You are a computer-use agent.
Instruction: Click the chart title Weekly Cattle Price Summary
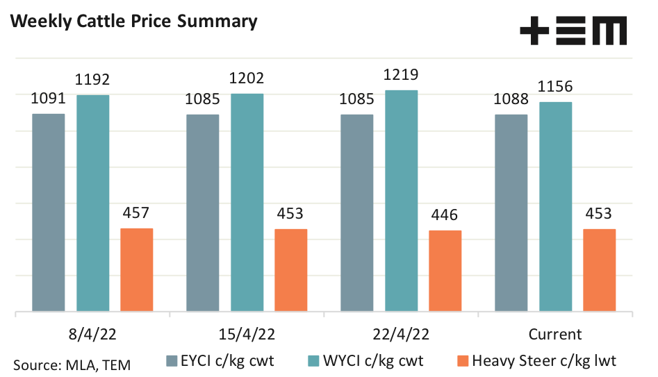pos(133,22)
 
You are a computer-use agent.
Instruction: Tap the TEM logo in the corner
pos(573,31)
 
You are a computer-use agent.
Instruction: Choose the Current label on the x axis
pos(555,334)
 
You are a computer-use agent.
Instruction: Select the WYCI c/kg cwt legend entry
pos(367,360)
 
